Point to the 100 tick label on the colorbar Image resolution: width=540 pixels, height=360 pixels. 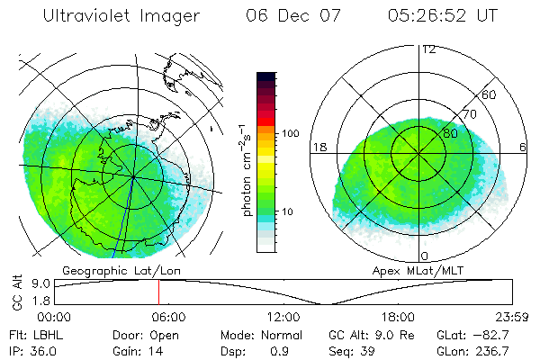pos(289,133)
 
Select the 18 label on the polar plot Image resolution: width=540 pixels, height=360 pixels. pos(319,146)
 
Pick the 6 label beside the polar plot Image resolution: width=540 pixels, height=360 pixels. pos(524,146)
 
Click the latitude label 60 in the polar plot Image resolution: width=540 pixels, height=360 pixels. pos(490,94)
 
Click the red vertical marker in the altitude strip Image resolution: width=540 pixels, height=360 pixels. pos(158,292)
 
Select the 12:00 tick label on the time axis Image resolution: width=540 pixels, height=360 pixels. pos(284,317)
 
